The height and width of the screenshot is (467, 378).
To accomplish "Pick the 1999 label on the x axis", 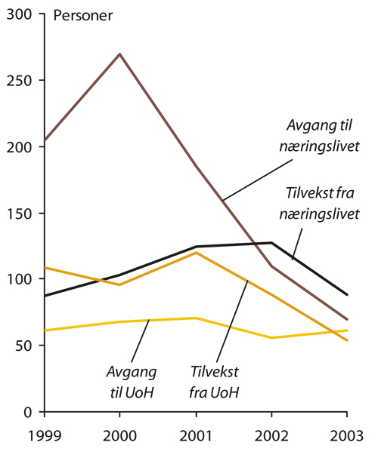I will (x=45, y=435).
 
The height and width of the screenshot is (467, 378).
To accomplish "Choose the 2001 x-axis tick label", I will (x=197, y=435).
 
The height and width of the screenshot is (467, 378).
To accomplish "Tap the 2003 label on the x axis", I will (x=347, y=435).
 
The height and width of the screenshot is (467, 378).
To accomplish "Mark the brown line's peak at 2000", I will (x=119, y=54).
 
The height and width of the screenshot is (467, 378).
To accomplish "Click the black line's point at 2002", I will (x=271, y=243).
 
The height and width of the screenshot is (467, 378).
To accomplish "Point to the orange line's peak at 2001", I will (x=197, y=253).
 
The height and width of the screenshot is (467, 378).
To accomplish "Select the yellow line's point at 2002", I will (x=271, y=338).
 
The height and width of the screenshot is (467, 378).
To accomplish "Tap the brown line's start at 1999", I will (x=45, y=141).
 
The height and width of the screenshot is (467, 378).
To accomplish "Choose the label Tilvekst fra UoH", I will (x=216, y=381).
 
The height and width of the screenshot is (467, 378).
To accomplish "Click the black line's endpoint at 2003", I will (x=347, y=295).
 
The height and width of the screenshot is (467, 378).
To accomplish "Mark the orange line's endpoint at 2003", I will (x=347, y=341).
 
